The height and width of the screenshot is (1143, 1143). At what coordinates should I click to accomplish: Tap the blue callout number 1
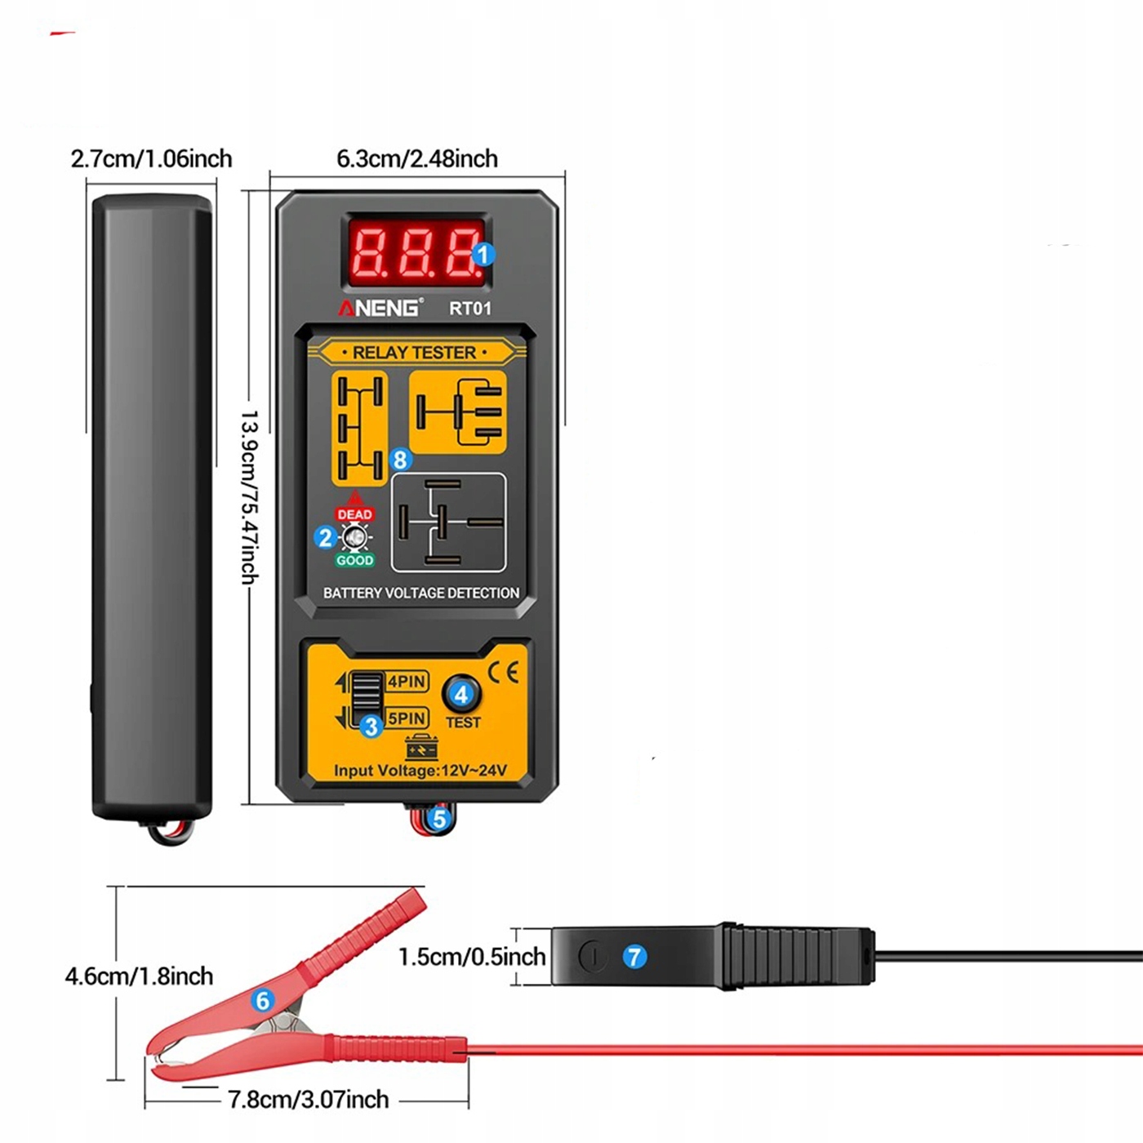click(x=483, y=255)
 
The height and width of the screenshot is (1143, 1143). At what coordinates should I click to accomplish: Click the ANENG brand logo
click(x=380, y=308)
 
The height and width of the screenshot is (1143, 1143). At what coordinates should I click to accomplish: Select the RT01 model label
click(x=470, y=309)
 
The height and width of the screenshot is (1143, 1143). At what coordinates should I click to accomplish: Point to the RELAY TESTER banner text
click(x=414, y=353)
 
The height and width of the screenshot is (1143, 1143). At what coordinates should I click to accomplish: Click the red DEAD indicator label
click(x=354, y=514)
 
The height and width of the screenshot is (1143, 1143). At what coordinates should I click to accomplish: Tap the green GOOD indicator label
click(x=354, y=560)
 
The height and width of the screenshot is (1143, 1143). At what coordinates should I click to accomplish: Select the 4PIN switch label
click(x=407, y=682)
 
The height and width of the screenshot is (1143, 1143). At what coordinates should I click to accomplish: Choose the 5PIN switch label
click(x=407, y=718)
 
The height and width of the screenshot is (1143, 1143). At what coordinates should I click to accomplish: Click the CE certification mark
click(x=503, y=673)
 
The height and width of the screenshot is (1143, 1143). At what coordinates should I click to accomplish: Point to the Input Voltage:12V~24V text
click(x=420, y=770)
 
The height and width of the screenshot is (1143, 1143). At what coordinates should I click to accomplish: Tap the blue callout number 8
click(x=400, y=460)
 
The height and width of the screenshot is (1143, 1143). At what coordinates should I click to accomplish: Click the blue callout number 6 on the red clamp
click(x=263, y=1000)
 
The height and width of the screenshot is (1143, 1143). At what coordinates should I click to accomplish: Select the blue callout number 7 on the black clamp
click(x=634, y=957)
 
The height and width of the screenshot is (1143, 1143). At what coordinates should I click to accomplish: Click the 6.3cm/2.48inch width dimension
click(x=417, y=158)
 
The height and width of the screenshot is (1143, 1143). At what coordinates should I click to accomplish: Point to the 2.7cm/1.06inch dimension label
click(x=152, y=158)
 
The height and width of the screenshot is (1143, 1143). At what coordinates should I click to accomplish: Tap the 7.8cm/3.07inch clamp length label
click(x=308, y=1100)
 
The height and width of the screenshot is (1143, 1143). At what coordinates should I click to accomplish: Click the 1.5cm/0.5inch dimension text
click(x=472, y=957)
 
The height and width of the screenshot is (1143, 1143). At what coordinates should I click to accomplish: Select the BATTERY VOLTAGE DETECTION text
click(x=421, y=593)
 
